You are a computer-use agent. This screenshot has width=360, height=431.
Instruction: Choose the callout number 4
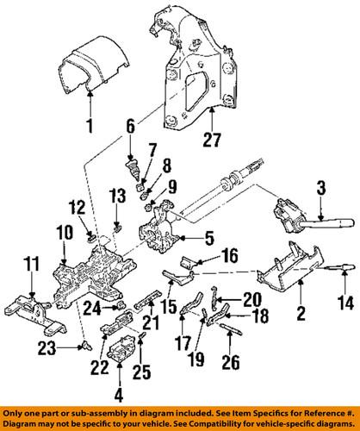[118, 398]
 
